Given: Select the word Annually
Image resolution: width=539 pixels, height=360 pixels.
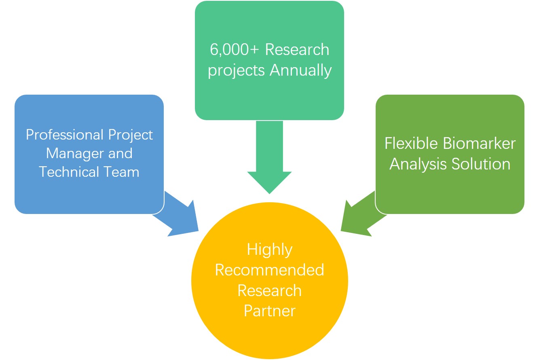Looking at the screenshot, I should (300, 70).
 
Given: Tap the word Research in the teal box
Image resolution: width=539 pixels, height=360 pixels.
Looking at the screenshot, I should (297, 50).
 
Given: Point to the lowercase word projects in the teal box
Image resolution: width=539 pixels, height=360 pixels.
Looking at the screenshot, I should (237, 71).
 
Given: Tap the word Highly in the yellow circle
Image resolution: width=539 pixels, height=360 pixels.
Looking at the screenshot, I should (269, 250).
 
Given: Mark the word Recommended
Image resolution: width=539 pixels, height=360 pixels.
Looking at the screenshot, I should (269, 270).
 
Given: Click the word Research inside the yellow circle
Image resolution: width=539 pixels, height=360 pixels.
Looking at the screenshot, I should (269, 290).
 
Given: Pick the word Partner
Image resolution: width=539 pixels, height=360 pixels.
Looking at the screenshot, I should (269, 311).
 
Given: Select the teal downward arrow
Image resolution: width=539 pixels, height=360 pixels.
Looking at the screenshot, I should (269, 162).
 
